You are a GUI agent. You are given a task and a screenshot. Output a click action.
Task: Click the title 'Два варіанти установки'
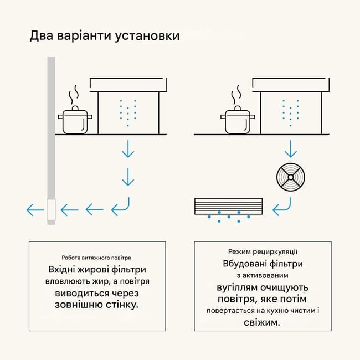[x=104, y=36]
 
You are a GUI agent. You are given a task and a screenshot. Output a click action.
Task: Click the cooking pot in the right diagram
[x=236, y=121]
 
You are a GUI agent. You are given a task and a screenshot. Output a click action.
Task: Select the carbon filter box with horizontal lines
[x=227, y=206]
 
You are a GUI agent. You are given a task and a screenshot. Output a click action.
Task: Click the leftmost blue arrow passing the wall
[x=35, y=210]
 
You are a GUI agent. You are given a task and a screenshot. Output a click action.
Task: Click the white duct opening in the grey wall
[x=50, y=210]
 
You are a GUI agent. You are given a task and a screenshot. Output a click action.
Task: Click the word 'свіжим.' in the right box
[x=263, y=322]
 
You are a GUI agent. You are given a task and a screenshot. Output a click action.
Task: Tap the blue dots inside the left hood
[x=128, y=113]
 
